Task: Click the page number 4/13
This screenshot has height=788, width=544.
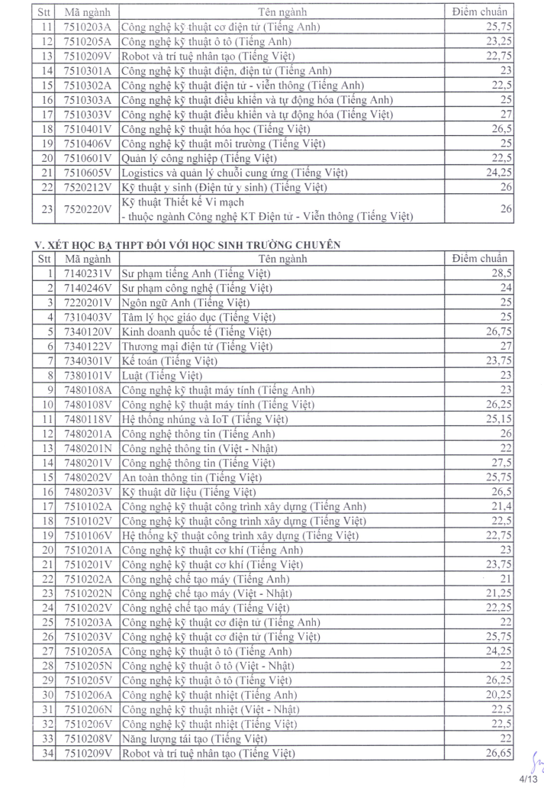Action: [x=528, y=780]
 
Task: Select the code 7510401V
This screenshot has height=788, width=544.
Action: [x=89, y=129]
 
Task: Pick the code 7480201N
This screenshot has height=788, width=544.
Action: [x=89, y=448]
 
